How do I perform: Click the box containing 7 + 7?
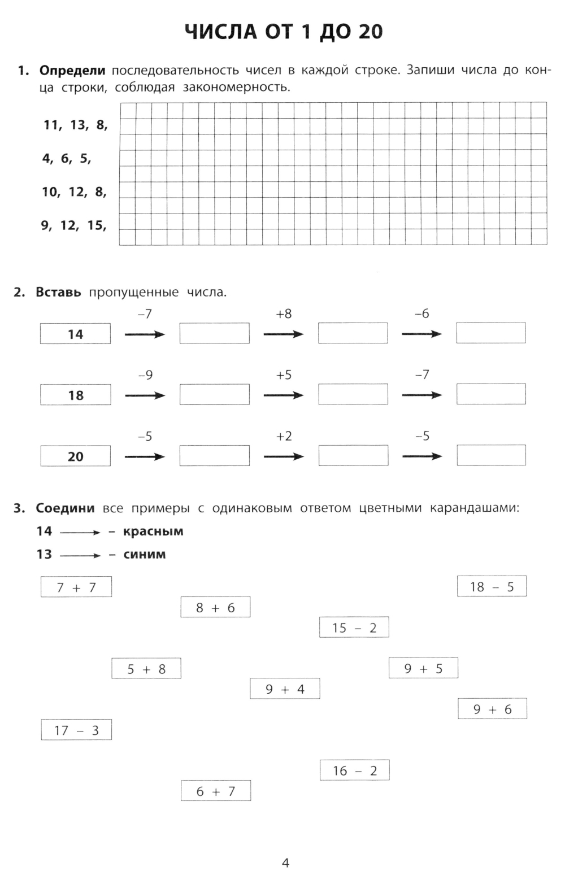(x=76, y=587)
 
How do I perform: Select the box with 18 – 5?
(x=492, y=586)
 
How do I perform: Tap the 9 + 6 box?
(x=492, y=709)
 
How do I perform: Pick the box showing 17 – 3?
(x=76, y=730)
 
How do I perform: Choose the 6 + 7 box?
(x=215, y=791)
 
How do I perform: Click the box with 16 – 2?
(x=354, y=770)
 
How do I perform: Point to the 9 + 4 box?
(x=285, y=689)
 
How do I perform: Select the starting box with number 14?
(x=75, y=334)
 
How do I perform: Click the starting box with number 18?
(x=75, y=395)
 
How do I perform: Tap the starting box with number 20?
(x=75, y=456)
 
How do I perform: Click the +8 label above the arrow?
(x=284, y=314)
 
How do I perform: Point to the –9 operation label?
(x=145, y=375)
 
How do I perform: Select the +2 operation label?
(x=284, y=436)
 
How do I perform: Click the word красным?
(x=153, y=532)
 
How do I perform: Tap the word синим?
(x=145, y=555)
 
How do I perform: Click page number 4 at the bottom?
(x=285, y=863)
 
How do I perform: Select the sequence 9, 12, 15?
(x=73, y=225)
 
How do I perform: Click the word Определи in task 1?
(x=72, y=71)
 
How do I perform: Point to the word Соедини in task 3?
(x=65, y=508)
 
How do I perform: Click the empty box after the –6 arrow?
(x=491, y=333)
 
